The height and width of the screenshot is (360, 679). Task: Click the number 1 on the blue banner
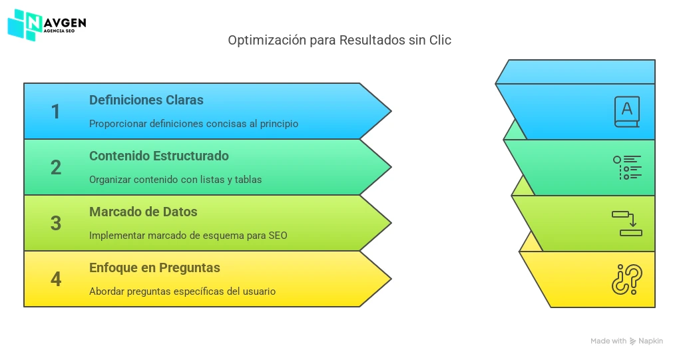(55, 112)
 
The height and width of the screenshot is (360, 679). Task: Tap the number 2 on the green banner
(56, 168)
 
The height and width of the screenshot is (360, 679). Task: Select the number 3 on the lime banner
(56, 224)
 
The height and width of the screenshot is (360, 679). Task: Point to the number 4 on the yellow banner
(56, 279)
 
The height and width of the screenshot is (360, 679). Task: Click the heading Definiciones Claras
(146, 100)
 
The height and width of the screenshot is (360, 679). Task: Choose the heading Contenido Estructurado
(159, 156)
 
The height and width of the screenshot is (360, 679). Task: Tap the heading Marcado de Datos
(143, 212)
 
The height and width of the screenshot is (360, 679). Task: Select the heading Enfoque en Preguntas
(154, 268)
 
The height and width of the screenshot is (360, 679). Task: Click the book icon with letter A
(627, 112)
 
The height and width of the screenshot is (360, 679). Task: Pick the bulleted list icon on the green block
(627, 168)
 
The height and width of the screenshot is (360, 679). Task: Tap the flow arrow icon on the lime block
(627, 224)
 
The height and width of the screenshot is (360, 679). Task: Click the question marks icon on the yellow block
(627, 279)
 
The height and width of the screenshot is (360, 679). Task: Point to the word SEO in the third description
(278, 236)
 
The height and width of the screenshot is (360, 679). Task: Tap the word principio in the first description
(279, 124)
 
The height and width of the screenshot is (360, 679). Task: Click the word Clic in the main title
(440, 40)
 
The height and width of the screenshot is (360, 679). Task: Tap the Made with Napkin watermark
(626, 341)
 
